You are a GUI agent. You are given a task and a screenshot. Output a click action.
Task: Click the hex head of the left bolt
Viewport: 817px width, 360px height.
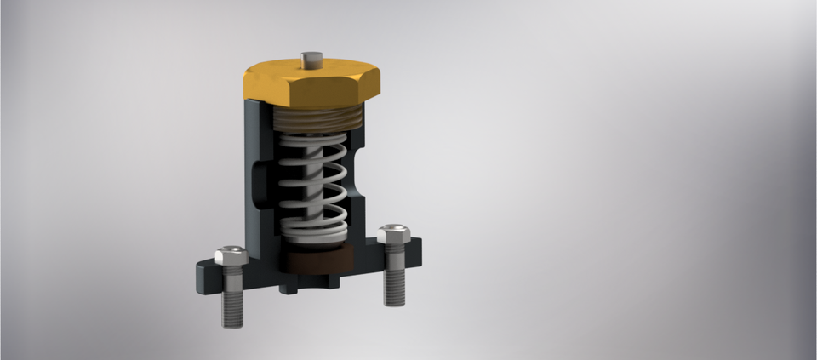231,254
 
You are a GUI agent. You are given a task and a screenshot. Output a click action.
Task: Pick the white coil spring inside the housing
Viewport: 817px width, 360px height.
313,183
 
